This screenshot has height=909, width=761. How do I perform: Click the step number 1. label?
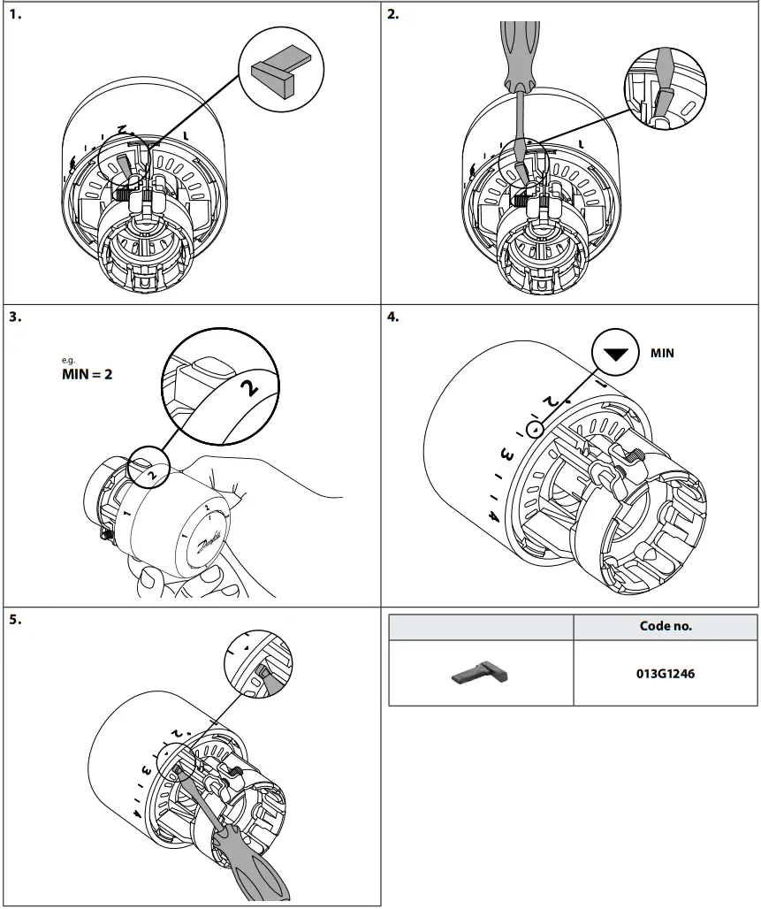pos(15,14)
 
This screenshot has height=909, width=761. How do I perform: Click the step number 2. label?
pos(393,14)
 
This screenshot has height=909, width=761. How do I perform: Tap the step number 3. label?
pos(15,317)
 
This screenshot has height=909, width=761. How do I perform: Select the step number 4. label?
pos(393,317)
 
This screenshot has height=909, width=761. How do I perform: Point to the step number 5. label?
pos(15,619)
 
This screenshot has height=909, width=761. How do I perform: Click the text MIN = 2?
pos(85,372)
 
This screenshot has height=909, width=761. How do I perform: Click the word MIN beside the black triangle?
pos(662,352)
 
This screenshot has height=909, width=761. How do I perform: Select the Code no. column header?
pos(665,626)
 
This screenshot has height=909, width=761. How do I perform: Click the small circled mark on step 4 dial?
pos(534,429)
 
